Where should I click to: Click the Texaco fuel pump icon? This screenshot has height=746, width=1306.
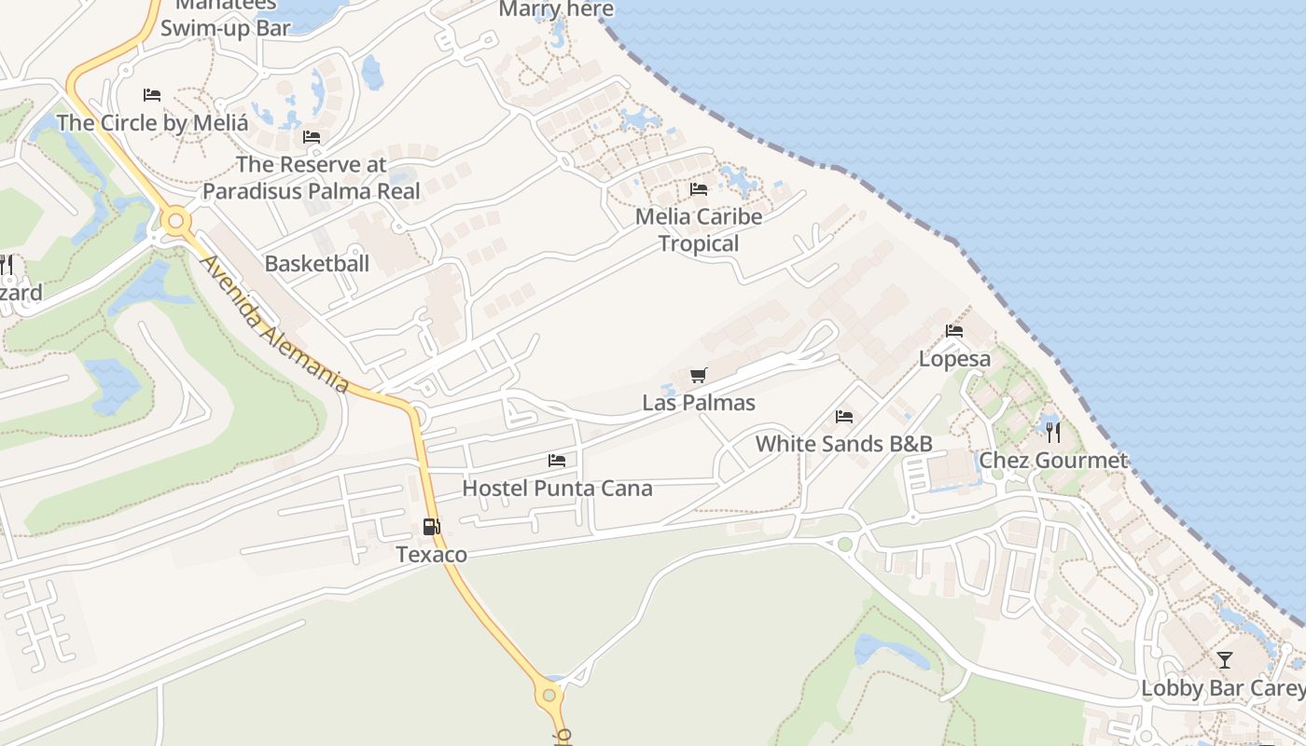point(431,527)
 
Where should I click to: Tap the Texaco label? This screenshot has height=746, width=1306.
point(431,554)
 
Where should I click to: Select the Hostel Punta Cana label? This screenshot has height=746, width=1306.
point(557,488)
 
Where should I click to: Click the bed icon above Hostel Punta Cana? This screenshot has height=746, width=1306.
point(557,461)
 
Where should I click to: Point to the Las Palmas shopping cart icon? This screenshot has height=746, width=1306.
point(698,376)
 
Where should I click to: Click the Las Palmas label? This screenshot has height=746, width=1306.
point(698,403)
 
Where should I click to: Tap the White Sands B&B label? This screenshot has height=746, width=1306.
point(843,443)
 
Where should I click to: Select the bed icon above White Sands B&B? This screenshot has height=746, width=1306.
point(844,417)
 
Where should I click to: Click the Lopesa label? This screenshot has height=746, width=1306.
point(954,359)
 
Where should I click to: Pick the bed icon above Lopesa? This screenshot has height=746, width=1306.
point(953,331)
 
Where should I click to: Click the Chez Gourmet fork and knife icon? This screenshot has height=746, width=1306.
point(1052,432)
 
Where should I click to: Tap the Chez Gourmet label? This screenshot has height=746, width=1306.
point(1052,460)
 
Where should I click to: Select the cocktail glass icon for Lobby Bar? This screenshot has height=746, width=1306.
point(1224,660)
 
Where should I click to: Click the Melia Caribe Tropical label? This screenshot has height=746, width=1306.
point(698,229)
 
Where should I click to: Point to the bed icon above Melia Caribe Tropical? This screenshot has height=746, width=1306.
point(698,189)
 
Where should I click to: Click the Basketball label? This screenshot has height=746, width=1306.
point(316,263)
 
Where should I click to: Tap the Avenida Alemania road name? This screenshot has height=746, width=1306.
point(274,324)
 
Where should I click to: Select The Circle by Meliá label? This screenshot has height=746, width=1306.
point(152,122)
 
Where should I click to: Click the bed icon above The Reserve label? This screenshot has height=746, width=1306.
point(312,137)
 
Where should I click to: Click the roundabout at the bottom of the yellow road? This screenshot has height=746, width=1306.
point(549,694)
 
